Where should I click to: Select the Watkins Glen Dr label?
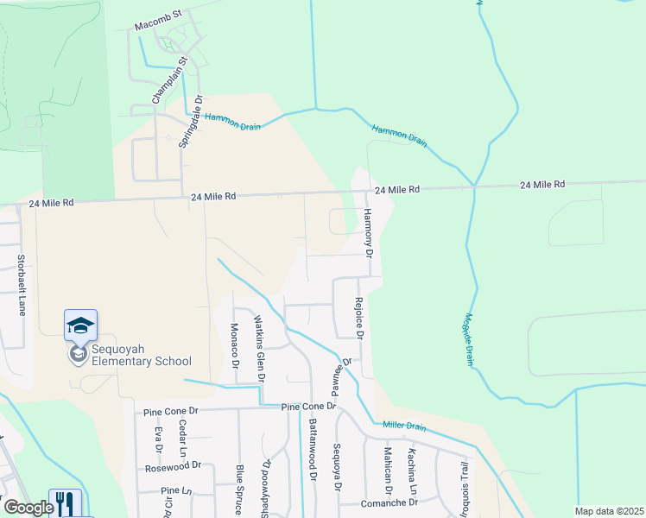pos(258,348)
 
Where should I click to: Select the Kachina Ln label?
pos(413,473)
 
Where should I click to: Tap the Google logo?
pos(28,508)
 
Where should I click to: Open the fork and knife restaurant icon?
pos(64,502)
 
